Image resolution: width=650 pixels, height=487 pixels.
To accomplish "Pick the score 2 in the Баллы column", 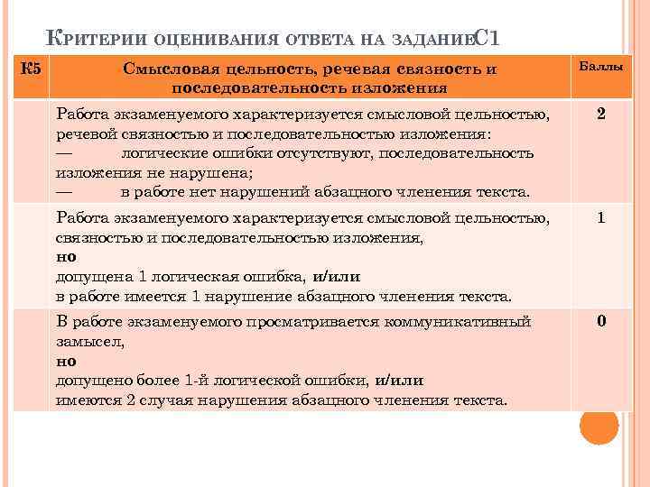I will point(600,115).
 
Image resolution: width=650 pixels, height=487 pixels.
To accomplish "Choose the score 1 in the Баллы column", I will point(600,219).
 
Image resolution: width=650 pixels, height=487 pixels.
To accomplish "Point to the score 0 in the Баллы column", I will point(600,322).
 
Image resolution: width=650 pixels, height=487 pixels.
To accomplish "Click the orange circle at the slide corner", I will point(598,426).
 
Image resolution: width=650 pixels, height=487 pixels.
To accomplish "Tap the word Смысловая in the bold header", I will point(160,69).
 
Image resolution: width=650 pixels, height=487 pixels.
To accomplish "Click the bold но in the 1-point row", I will point(66,256).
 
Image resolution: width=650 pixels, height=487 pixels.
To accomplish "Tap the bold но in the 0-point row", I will point(66,360).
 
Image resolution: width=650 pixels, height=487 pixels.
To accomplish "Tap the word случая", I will point(162,400).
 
